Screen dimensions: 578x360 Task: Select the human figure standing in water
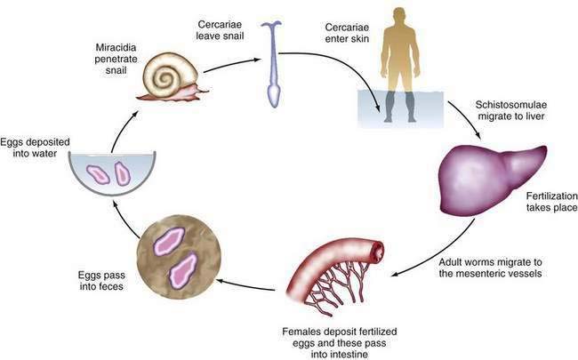point(400,65)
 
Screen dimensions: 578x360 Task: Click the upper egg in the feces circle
point(169,242)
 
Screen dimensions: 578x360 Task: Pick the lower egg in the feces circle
point(183,270)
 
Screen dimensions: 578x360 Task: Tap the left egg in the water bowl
point(98,174)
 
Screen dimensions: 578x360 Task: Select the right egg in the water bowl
point(123,172)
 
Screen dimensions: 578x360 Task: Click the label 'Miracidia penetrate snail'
point(116,59)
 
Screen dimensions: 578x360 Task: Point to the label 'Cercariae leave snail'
point(220,30)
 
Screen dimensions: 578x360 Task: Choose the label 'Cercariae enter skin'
point(347,32)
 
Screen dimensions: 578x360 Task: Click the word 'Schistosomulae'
point(510,105)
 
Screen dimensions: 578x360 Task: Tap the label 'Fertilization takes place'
point(552,202)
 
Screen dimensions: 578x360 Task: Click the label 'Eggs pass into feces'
point(101,280)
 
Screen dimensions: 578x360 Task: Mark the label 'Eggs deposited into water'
point(35,148)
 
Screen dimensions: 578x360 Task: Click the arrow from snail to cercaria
point(232,64)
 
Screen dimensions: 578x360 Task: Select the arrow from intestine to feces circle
point(245,285)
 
